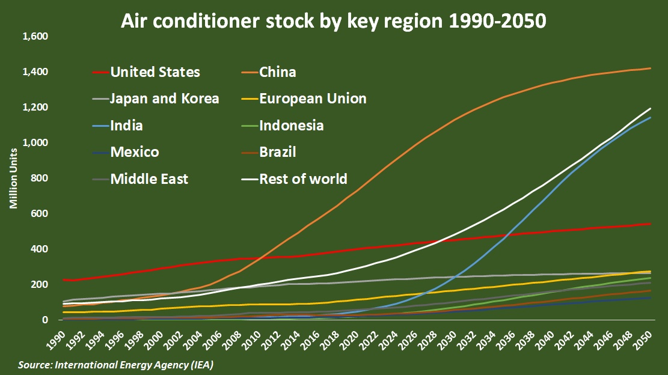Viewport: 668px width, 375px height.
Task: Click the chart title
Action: click(x=334, y=21)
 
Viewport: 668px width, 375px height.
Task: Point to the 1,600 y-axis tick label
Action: click(x=35, y=37)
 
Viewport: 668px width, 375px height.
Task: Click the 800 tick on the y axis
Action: click(x=40, y=178)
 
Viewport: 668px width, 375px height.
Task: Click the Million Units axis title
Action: click(x=13, y=178)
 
